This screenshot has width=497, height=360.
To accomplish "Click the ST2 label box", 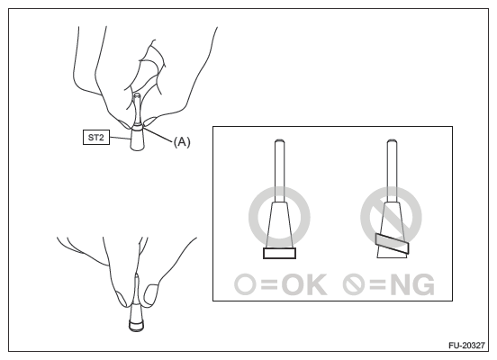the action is [96, 137].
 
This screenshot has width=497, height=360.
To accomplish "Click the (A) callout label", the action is [182, 141].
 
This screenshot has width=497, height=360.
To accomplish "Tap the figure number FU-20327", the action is [466, 345].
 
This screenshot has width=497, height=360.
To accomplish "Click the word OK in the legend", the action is [304, 284].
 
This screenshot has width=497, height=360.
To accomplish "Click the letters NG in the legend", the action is [412, 284].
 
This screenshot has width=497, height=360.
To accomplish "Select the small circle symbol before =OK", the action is [245, 284].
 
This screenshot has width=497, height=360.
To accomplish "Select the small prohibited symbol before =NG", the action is [354, 284].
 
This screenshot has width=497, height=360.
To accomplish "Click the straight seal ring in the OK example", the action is [279, 253].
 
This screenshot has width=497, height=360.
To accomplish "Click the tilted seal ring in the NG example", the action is [392, 244].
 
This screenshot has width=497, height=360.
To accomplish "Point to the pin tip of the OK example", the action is [279, 141].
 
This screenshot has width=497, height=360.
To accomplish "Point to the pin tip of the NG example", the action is [392, 141].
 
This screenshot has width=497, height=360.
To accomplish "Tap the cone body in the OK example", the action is [279, 225].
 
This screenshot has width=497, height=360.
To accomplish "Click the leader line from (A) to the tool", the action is [158, 134].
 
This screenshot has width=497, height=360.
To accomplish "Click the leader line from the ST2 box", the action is [120, 139].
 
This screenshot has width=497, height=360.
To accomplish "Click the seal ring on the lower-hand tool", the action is [137, 326].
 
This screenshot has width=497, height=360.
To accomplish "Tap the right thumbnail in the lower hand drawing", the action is [151, 294].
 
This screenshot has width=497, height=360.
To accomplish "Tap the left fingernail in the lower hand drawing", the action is [122, 298].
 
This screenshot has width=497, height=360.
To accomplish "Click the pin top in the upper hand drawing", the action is [137, 94].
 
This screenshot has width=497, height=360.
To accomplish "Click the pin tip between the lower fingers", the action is [137, 275].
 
